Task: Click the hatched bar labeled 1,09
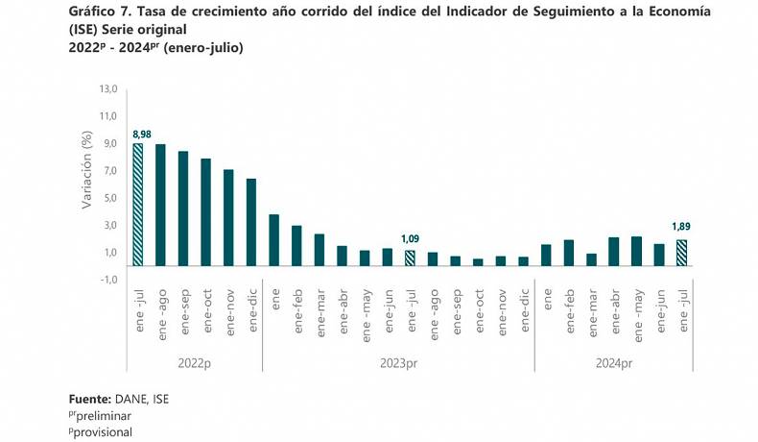[x=410, y=258]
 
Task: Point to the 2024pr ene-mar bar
[x=591, y=259]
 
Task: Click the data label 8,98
[x=141, y=135]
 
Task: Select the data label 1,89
[x=680, y=227]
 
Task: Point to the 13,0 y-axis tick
[x=107, y=89]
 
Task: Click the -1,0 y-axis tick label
[x=107, y=280]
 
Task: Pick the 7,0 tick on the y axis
[x=107, y=171]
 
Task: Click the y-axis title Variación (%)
[x=86, y=170]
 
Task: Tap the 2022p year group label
[x=194, y=364]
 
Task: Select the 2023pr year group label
[x=398, y=364]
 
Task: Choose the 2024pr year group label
[x=614, y=364]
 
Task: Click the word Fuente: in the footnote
[x=91, y=398]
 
